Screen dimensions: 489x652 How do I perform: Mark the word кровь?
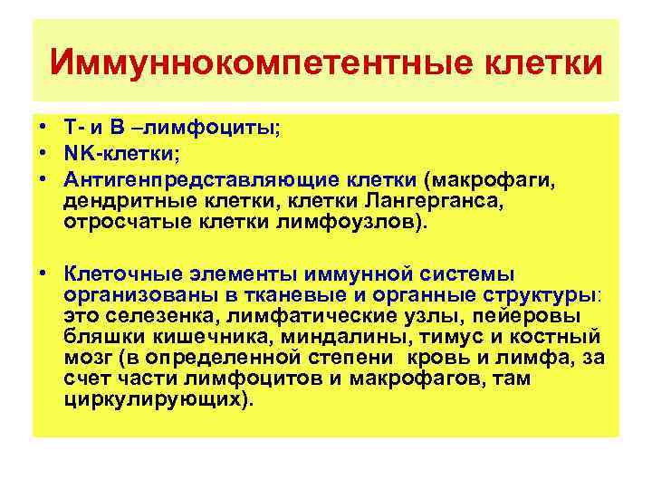pyautogui.click(x=438, y=358)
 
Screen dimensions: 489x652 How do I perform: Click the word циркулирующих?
pyautogui.click(x=154, y=399)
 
